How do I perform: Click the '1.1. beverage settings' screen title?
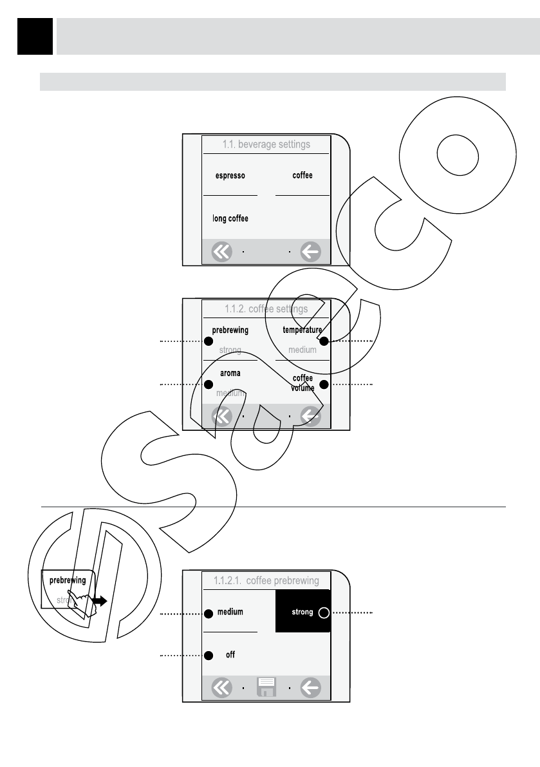[x=266, y=145]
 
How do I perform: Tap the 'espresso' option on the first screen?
[x=229, y=176]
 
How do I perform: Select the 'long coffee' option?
[x=230, y=219]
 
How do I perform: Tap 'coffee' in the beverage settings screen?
[x=303, y=176]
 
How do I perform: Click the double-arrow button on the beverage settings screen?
[x=221, y=252]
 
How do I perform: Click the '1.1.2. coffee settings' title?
[x=266, y=309]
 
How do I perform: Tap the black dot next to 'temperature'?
[x=324, y=341]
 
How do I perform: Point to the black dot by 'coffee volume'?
[x=324, y=384]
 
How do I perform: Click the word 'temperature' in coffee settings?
[x=302, y=330]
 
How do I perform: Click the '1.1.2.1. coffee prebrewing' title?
[x=266, y=581]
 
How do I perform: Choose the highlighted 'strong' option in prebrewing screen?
[x=303, y=612]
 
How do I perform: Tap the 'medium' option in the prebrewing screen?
[x=230, y=612]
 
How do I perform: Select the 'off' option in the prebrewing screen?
[x=230, y=655]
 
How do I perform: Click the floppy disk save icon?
[x=266, y=688]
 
